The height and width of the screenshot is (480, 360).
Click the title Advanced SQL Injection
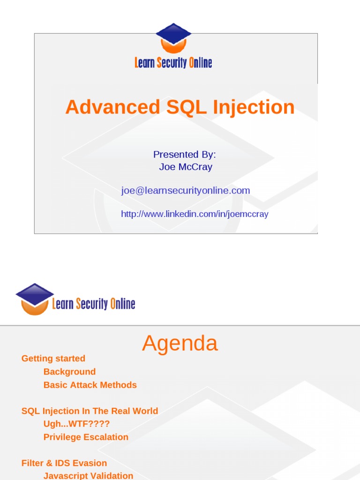click(x=180, y=107)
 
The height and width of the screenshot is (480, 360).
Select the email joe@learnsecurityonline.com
click(x=186, y=190)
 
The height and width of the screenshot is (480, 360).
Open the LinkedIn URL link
click(x=195, y=214)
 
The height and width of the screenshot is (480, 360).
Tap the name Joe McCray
click(x=186, y=167)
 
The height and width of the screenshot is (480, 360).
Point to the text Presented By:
click(x=185, y=155)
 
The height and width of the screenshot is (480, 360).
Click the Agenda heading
click(x=180, y=343)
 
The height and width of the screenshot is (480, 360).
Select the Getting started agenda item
click(x=53, y=359)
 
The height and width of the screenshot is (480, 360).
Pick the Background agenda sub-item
click(x=69, y=372)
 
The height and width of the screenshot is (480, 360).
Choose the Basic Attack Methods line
click(x=90, y=385)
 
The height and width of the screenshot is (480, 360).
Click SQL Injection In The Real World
click(x=90, y=411)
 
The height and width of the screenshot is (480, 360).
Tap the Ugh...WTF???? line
click(x=76, y=424)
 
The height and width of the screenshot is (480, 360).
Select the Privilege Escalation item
click(x=86, y=437)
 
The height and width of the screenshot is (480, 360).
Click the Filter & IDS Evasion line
click(x=64, y=463)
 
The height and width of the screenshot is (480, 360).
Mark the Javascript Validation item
click(x=88, y=475)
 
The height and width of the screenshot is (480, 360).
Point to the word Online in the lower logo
click(x=123, y=304)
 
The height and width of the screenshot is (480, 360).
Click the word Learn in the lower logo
click(x=63, y=304)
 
